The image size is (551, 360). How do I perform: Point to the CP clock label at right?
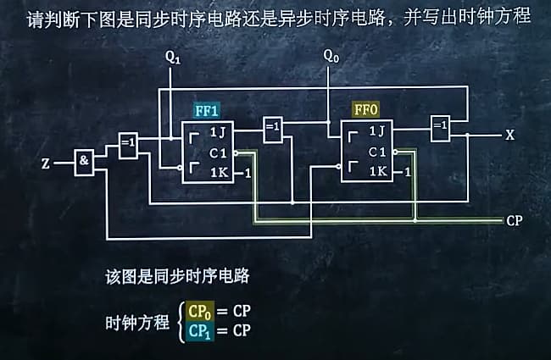(x=515, y=220)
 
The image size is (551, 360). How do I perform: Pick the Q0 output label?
(x=331, y=57)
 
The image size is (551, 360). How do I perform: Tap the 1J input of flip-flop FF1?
(x=217, y=132)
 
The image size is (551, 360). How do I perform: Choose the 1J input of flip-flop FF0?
(x=376, y=132)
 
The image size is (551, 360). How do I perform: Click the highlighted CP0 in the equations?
(x=201, y=312)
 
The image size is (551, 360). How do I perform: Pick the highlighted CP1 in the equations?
(x=200, y=330)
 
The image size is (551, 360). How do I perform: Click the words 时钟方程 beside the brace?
(x=137, y=323)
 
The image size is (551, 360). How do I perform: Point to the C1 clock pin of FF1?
(x=218, y=152)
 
